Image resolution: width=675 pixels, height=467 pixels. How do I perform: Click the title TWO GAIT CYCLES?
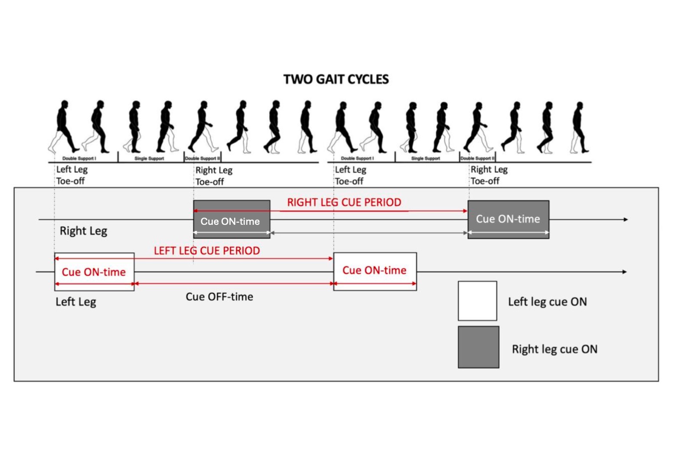(x=336, y=79)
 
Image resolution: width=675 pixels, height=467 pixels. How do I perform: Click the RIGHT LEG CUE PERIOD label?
(x=344, y=202)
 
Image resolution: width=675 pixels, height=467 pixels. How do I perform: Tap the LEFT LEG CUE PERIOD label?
(x=207, y=251)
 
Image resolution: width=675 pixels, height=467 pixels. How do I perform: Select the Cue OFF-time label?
(x=219, y=297)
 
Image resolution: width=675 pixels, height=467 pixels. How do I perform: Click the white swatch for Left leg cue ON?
(x=477, y=301)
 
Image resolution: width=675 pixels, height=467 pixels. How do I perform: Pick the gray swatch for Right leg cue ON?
(x=478, y=347)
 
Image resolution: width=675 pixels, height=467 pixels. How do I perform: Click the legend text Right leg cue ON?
(x=554, y=349)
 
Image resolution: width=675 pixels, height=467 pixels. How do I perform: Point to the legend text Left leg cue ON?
(x=547, y=302)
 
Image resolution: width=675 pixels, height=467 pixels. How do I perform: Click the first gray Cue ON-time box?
(x=232, y=219)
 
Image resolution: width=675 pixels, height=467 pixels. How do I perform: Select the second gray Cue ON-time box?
(x=508, y=219)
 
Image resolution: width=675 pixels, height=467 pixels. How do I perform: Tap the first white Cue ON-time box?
(x=94, y=272)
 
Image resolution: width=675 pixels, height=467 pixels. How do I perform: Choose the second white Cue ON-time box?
(x=375, y=271)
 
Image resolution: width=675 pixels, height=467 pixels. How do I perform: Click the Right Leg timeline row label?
(x=83, y=231)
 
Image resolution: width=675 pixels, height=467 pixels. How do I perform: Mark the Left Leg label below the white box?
(x=76, y=302)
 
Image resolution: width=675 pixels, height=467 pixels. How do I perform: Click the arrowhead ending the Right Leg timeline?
(x=625, y=220)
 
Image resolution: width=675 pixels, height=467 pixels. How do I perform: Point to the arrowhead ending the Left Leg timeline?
(x=624, y=272)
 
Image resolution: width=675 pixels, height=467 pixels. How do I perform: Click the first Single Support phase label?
(x=149, y=159)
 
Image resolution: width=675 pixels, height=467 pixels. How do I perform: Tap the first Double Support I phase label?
(x=79, y=159)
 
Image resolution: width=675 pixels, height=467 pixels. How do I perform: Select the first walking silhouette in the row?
(x=63, y=126)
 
